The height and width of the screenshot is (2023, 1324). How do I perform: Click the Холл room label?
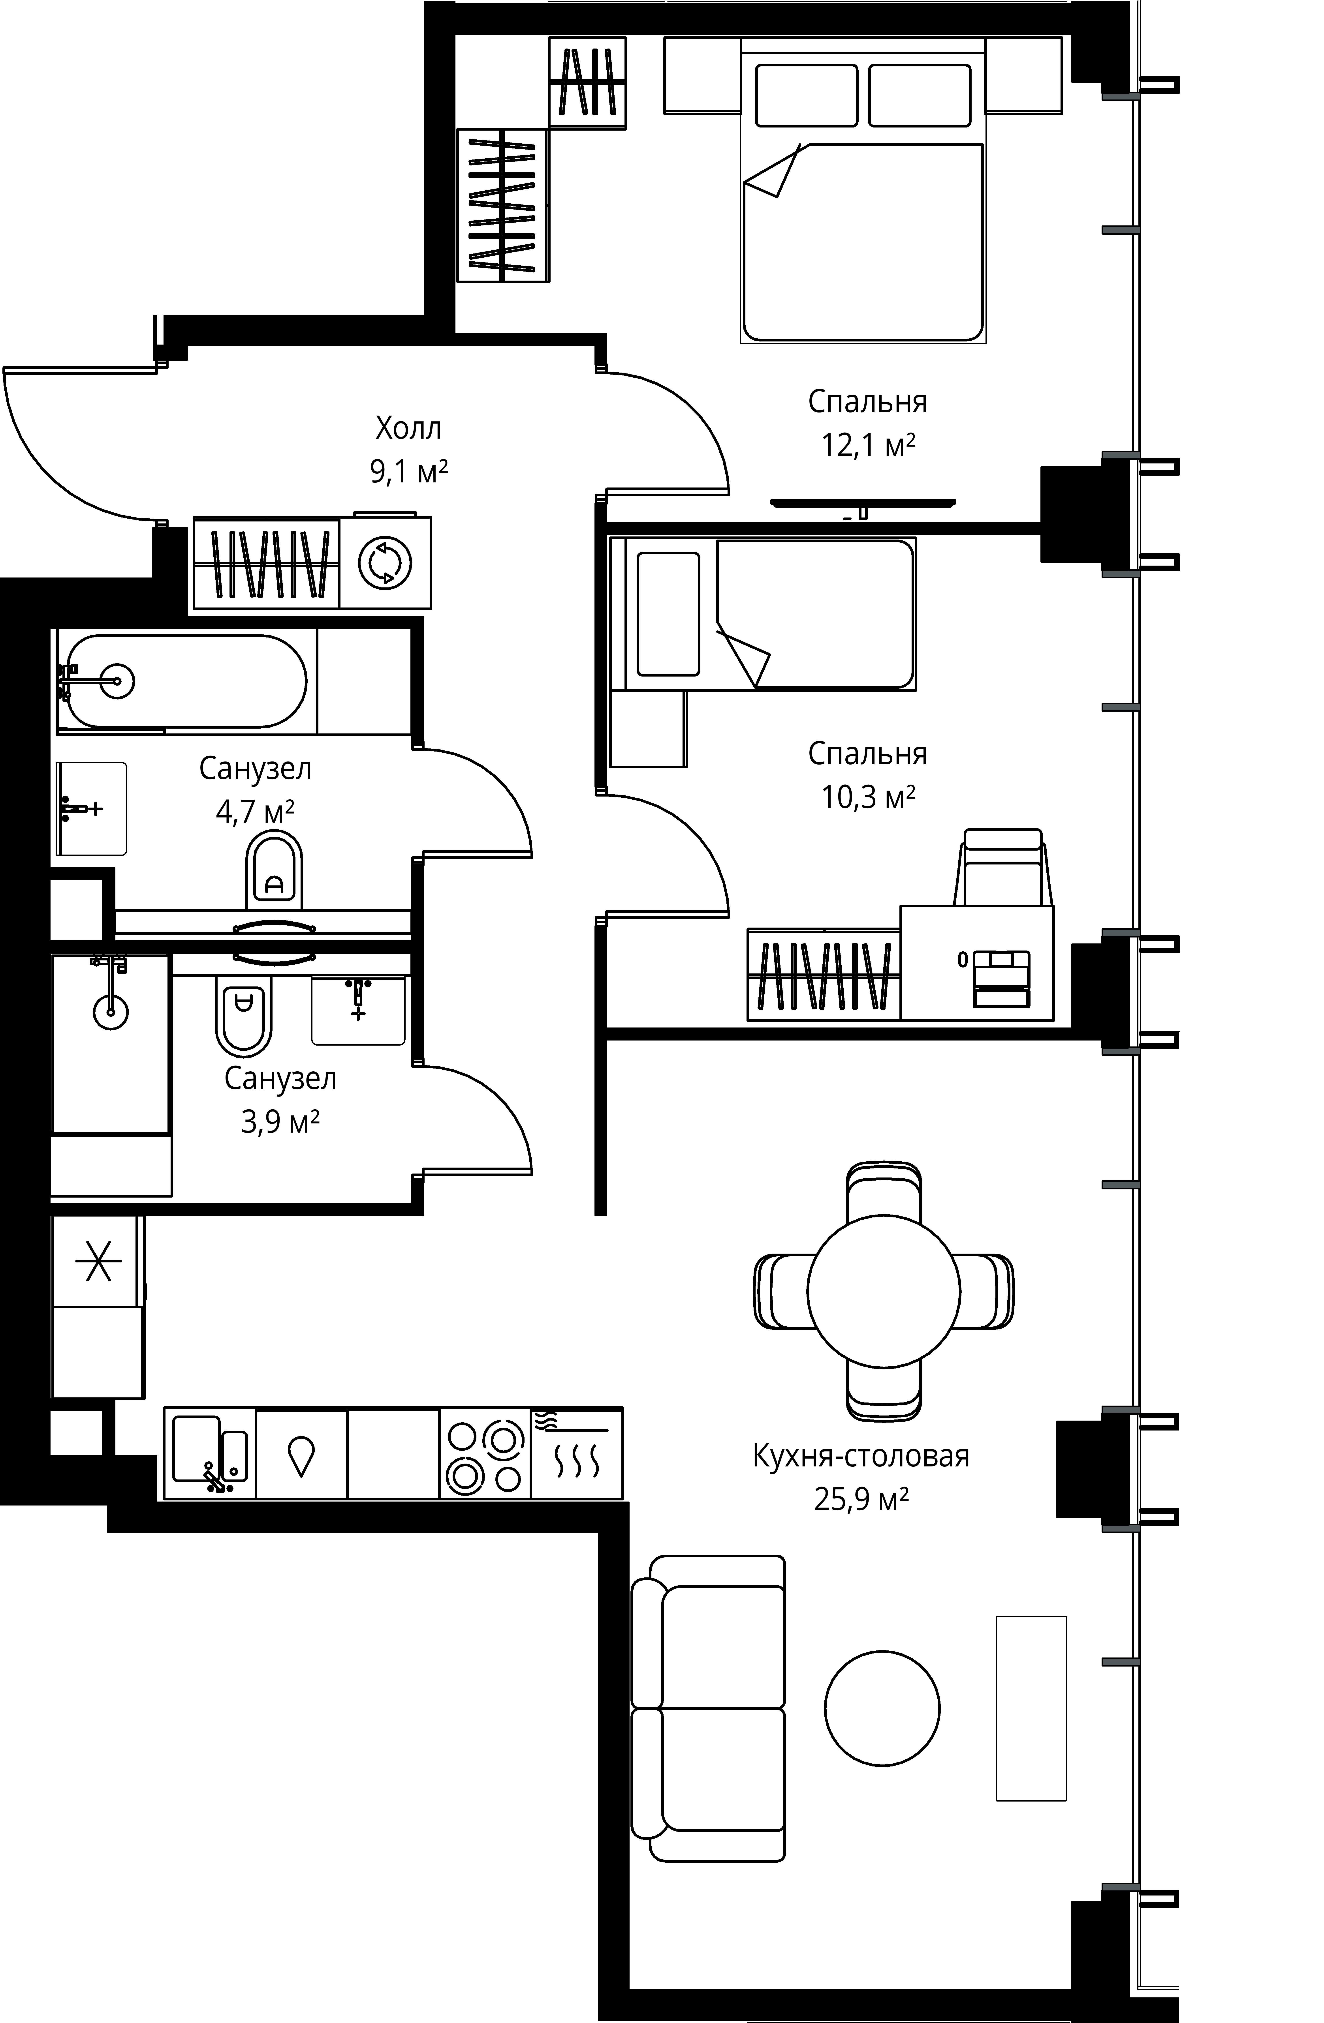point(409,428)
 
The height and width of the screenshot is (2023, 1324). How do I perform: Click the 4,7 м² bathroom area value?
point(255,812)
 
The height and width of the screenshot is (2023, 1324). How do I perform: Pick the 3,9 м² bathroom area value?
point(281,1122)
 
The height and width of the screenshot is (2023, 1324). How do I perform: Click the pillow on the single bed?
point(668,614)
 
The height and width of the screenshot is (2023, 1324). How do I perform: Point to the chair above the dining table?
point(884,1192)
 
